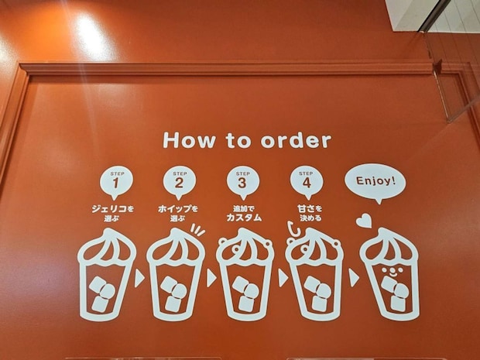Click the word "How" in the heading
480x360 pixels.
[x=189, y=140]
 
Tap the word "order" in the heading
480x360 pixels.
[x=296, y=140]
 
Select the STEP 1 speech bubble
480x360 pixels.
[x=116, y=183]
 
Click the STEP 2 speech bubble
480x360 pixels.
[x=180, y=183]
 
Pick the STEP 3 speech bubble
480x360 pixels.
[x=243, y=183]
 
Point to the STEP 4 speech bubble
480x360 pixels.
[x=307, y=183]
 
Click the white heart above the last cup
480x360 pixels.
[x=364, y=221]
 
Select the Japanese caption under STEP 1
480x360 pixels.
[x=113, y=214]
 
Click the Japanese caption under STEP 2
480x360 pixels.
[x=178, y=214]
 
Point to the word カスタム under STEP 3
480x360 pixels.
[x=244, y=218]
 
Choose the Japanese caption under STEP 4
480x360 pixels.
[x=310, y=214]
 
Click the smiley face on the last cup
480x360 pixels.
[x=393, y=271]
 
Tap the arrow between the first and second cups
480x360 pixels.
[x=139, y=278]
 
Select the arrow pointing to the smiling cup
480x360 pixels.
[x=354, y=278]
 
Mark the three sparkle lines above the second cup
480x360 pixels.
[x=197, y=230]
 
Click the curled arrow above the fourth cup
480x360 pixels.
[x=293, y=229]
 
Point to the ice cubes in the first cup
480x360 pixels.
[x=102, y=294]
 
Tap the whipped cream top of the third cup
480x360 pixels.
[x=245, y=245]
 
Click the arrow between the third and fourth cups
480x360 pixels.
[x=283, y=278]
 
